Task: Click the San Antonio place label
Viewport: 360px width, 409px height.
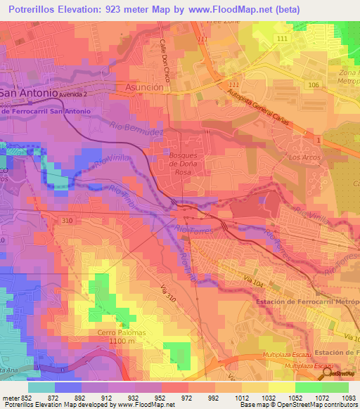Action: tap(28, 93)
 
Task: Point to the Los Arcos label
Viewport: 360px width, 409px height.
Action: tap(304, 157)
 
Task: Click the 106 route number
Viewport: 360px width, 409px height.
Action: tap(312, 84)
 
